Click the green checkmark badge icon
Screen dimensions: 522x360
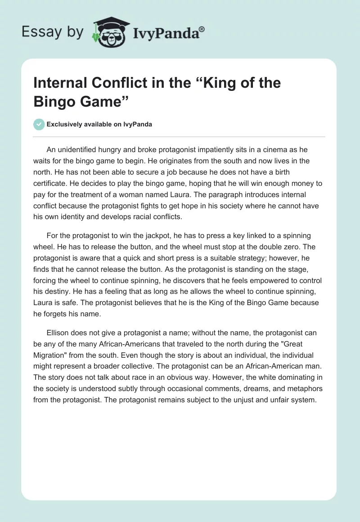coord(39,124)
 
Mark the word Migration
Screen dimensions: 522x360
coord(51,355)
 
